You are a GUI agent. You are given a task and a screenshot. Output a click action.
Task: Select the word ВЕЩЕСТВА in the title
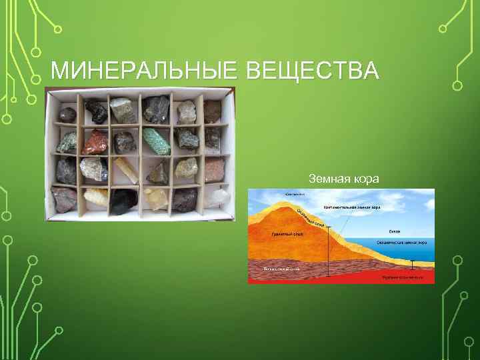313,71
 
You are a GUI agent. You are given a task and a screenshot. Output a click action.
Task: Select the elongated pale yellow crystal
126,170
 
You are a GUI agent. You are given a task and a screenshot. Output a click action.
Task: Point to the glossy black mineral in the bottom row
125,202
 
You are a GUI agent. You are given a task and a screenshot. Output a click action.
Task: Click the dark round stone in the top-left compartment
67,114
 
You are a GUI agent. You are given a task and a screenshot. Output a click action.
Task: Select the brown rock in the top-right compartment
213,110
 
